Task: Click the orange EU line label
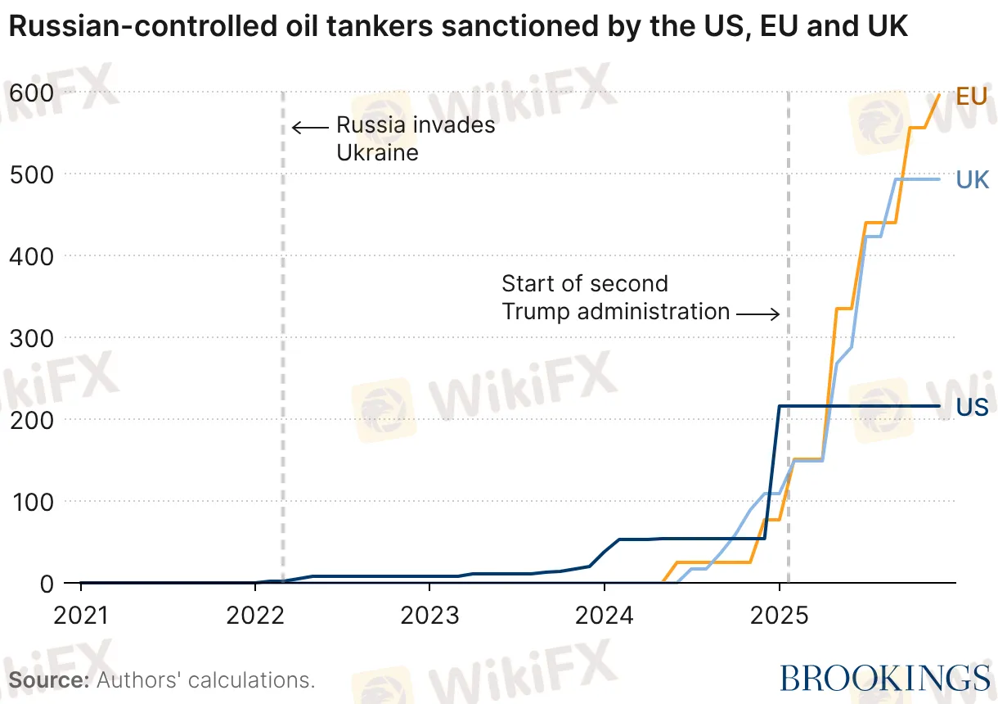tap(972, 97)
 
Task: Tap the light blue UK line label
tap(973, 179)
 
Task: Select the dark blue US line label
tap(973, 407)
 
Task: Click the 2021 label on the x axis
tap(81, 614)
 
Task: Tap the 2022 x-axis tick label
tap(255, 614)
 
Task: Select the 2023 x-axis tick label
tap(429, 614)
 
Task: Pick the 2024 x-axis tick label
tap(605, 614)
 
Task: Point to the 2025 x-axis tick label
tap(779, 614)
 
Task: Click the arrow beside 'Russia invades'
tap(310, 127)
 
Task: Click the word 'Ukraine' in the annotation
tap(377, 152)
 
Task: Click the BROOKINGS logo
tap(884, 678)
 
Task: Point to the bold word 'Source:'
tap(49, 679)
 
